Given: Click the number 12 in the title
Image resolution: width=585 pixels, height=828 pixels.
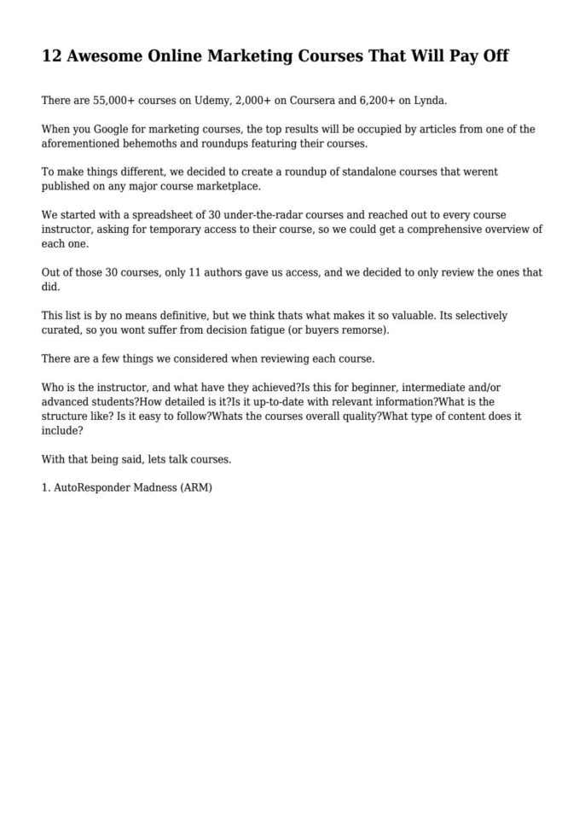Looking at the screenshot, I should [x=51, y=57].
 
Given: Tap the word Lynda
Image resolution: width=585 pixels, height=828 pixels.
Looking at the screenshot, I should [x=430, y=101].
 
